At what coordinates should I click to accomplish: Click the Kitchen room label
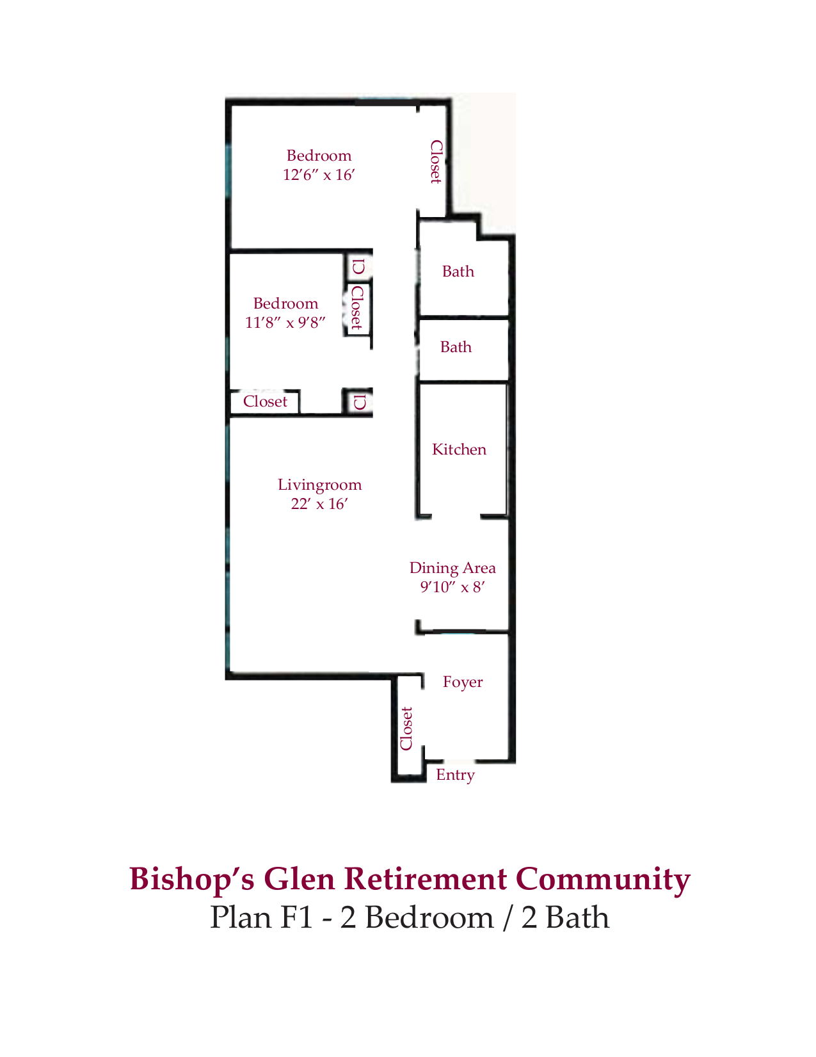tap(459, 449)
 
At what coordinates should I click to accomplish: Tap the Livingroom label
tap(319, 485)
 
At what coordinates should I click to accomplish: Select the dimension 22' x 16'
tap(319, 504)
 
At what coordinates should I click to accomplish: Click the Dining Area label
tap(452, 568)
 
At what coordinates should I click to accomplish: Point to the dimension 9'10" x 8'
tap(452, 587)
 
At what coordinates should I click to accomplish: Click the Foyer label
tap(462, 682)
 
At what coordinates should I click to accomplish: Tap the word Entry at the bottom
tap(455, 775)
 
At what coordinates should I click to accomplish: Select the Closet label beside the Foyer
tap(406, 729)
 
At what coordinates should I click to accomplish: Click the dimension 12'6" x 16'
tap(319, 175)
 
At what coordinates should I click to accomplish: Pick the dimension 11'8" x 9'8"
tap(285, 323)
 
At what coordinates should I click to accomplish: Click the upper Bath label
tap(458, 271)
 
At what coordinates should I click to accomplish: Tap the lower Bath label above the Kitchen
tap(456, 347)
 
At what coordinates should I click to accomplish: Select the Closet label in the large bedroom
tap(435, 162)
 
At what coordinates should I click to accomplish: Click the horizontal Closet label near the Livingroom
tap(265, 402)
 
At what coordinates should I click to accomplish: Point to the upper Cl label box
tap(358, 266)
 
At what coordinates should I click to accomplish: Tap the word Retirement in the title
tap(426, 879)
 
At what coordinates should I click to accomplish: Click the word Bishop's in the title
tap(192, 879)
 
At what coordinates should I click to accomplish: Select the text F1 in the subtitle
tap(296, 917)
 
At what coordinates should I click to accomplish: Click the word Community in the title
tap(603, 879)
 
